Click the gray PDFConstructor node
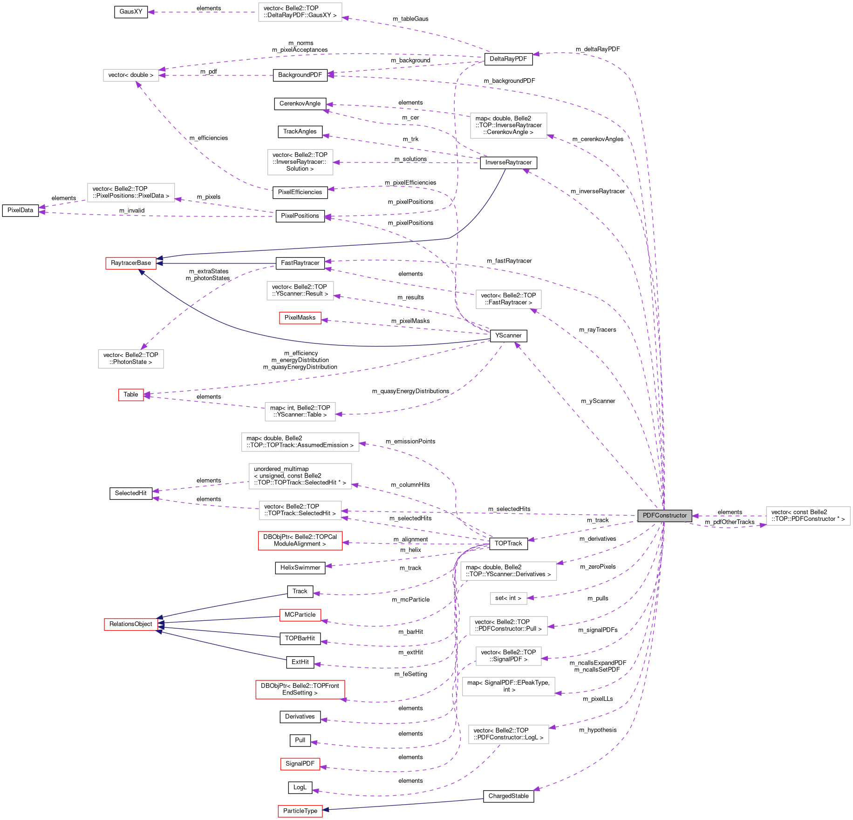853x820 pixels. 664,516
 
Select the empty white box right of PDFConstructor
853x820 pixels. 808,516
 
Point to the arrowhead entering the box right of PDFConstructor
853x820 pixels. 763,525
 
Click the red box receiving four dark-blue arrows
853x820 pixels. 131,625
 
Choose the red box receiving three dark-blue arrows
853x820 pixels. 131,263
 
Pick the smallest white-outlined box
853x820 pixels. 508,598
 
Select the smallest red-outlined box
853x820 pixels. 131,395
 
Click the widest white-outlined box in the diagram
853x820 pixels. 300,442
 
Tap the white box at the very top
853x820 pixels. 300,12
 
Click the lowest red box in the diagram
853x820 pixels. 300,811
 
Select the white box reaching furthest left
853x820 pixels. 131,193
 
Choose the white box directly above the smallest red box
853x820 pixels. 131,359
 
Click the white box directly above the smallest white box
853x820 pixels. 508,571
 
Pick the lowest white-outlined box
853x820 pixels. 508,734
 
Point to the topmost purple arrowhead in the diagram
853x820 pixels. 150,12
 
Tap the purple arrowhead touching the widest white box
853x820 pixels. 362,444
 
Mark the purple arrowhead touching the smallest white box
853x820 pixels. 530,598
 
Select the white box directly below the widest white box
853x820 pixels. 300,476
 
